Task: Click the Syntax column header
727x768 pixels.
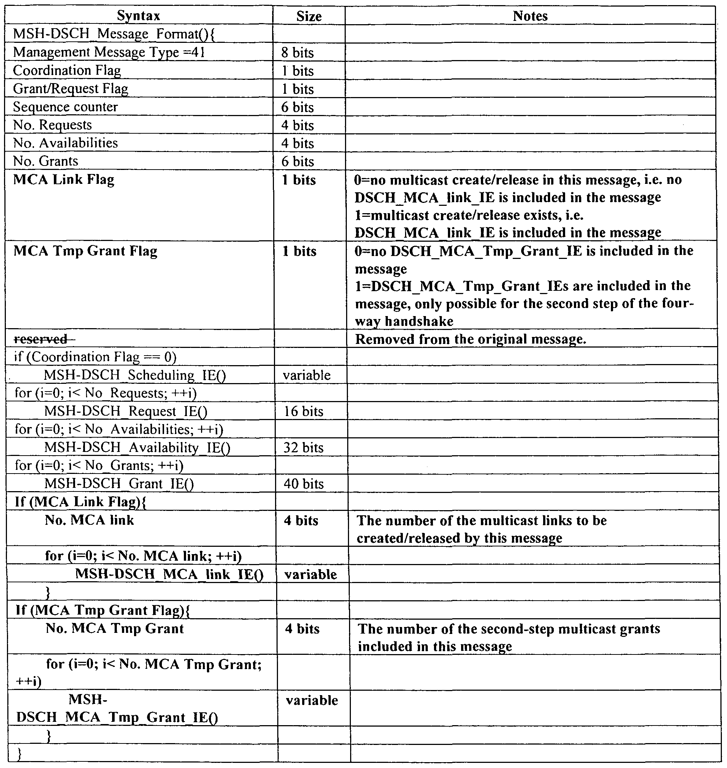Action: click(138, 16)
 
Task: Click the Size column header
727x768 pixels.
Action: click(309, 16)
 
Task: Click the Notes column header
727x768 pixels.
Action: click(530, 16)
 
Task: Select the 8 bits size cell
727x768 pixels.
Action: click(297, 53)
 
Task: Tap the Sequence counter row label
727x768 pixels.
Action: click(66, 107)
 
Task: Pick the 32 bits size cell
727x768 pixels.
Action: click(303, 448)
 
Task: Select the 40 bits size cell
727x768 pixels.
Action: click(303, 483)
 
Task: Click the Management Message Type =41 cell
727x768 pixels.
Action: click(109, 52)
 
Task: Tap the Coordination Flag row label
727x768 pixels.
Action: click(67, 71)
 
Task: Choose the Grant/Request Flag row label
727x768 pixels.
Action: click(71, 89)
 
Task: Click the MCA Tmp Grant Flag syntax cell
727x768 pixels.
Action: click(86, 251)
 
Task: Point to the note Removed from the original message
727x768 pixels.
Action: click(471, 339)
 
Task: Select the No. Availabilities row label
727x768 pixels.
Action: click(66, 143)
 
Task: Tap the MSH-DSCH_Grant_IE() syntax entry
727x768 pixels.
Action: click(119, 483)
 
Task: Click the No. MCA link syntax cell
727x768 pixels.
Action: click(89, 520)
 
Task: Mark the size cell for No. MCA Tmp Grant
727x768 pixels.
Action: click(302, 628)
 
